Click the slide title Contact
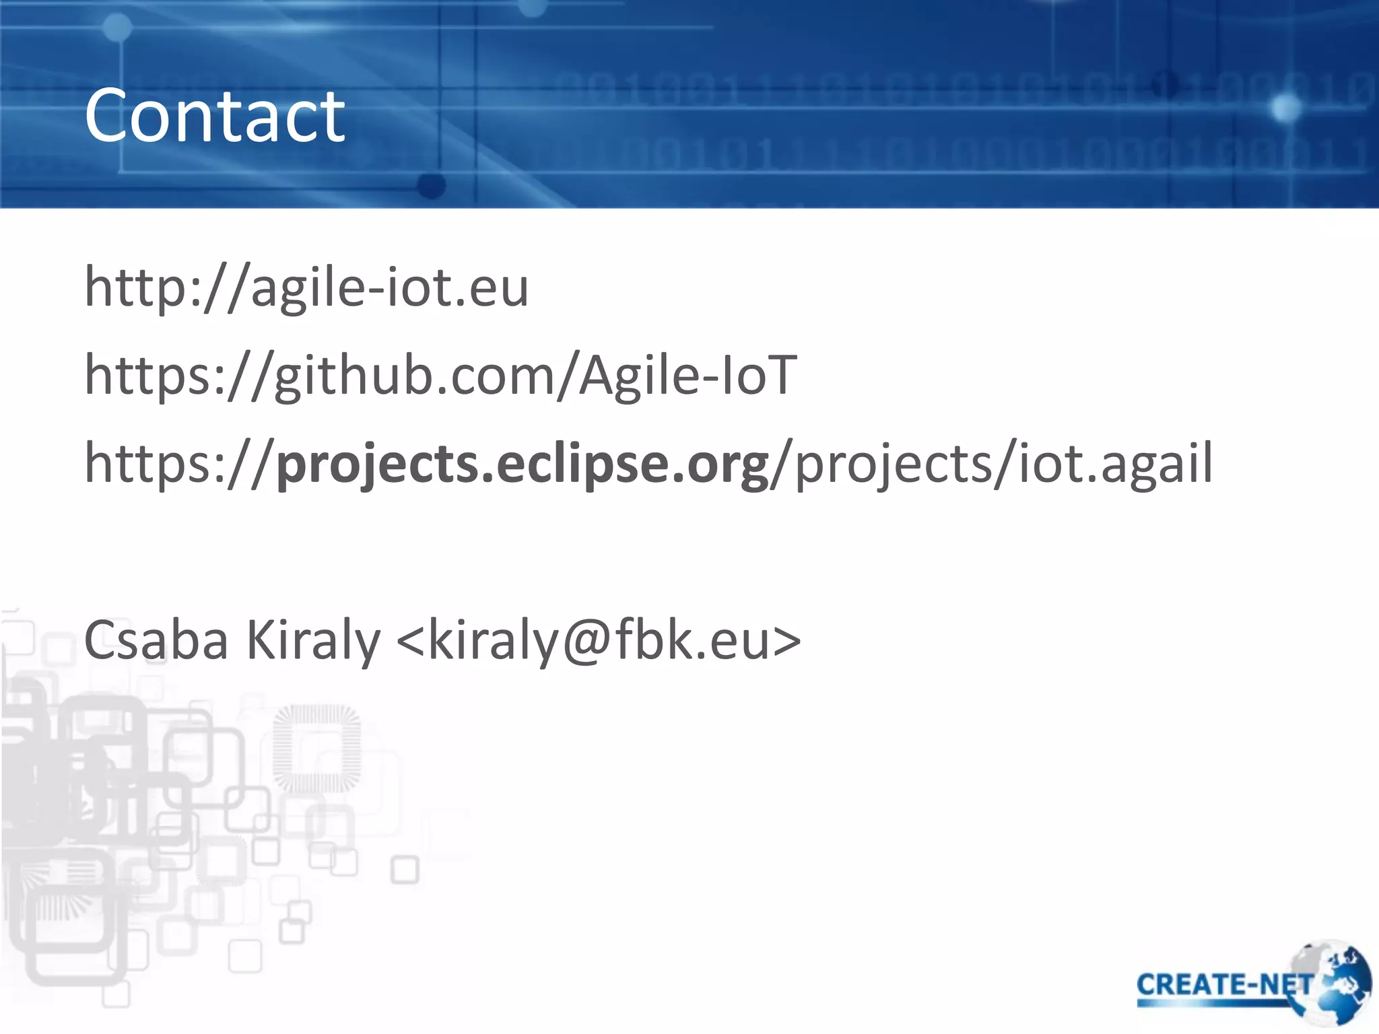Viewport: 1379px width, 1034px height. click(x=214, y=116)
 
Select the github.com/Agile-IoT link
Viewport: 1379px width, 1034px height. click(x=441, y=375)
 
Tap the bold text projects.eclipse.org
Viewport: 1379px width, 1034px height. click(x=523, y=464)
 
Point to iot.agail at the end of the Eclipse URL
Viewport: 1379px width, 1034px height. click(x=1115, y=464)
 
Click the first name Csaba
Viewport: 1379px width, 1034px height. click(x=156, y=640)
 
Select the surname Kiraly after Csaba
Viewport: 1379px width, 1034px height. click(x=313, y=640)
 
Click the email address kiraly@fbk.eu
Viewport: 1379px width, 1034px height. click(x=599, y=640)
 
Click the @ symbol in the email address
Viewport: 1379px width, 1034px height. click(x=586, y=642)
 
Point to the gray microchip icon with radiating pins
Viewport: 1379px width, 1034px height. click(x=316, y=748)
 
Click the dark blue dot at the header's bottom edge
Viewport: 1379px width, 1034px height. click(x=432, y=185)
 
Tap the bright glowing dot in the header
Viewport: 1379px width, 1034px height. click(x=1286, y=108)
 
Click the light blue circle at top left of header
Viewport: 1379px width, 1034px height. click(x=118, y=28)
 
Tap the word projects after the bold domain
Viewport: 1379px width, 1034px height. click(x=893, y=464)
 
